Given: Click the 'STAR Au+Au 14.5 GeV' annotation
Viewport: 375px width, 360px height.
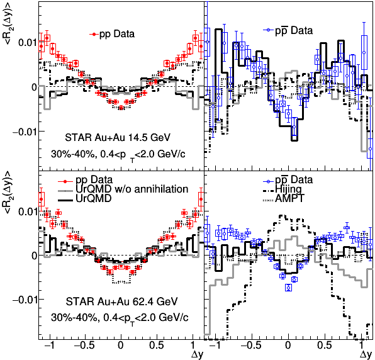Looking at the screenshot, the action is coord(118,138).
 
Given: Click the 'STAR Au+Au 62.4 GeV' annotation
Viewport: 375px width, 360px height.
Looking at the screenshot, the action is coord(121,301).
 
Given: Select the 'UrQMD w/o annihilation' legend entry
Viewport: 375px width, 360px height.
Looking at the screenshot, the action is coord(123,189).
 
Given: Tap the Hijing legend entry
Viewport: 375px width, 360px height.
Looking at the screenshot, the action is coord(283,189).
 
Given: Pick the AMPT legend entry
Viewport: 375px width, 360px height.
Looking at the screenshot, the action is coord(284,198).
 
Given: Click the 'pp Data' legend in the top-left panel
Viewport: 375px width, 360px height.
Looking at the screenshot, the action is coord(112,34).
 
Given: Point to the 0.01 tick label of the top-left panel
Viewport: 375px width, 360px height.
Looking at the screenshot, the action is coord(27,43).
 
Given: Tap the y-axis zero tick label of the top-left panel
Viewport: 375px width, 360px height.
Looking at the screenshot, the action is coord(34,87).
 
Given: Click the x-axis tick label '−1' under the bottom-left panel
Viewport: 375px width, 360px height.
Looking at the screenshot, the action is coord(48,345).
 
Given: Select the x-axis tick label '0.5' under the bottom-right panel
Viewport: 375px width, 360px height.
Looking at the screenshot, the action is coord(324,345).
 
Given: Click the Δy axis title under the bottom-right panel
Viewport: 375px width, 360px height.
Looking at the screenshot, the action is coord(366,354).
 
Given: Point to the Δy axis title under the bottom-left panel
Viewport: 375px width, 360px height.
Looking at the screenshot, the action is coord(198,354).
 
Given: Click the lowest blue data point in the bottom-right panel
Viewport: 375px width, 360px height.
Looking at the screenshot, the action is coord(289,288).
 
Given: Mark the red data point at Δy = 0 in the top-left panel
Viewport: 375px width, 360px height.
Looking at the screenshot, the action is coord(121,108).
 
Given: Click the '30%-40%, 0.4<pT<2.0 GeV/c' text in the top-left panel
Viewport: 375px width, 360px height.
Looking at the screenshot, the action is coord(118,155).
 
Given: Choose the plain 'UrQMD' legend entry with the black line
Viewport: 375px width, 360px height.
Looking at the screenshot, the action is coord(85,198).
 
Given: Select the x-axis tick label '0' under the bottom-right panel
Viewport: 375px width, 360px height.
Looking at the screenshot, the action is coord(288,345).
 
